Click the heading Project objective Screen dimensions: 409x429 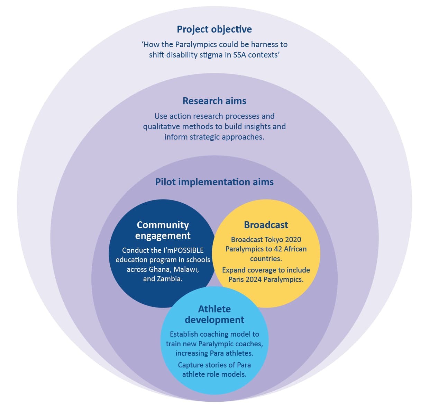(x=214, y=29)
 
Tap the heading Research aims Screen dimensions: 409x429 (x=214, y=101)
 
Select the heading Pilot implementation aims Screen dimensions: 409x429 (x=214, y=182)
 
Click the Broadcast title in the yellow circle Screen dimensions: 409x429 (x=266, y=225)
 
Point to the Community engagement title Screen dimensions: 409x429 (x=163, y=230)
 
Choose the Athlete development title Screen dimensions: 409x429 (x=214, y=314)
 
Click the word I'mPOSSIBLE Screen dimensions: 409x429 (x=183, y=250)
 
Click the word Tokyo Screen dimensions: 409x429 (x=274, y=240)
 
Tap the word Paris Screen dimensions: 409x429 (x=236, y=279)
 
